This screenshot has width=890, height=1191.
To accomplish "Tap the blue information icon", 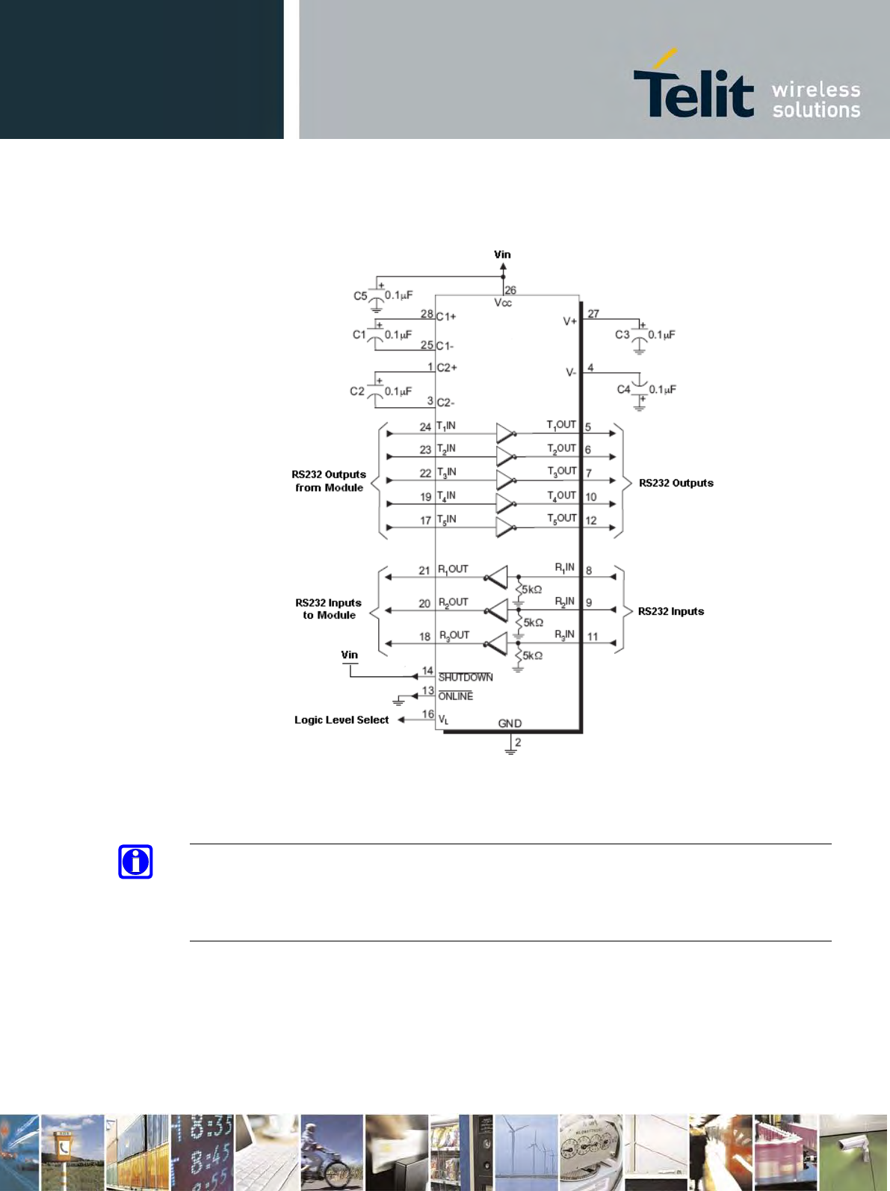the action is tap(135, 861).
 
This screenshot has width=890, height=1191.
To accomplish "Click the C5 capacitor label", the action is tap(360, 296).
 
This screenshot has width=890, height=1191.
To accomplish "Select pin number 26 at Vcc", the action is tap(510, 290).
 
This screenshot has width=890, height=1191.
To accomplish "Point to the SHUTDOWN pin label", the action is tap(466, 677).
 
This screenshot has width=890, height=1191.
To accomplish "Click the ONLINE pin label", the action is tap(456, 696).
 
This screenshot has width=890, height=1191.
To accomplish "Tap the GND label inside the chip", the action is tap(510, 723).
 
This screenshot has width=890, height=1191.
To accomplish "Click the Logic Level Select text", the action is tap(342, 720).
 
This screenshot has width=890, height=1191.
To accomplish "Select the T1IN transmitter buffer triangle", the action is tap(505, 433).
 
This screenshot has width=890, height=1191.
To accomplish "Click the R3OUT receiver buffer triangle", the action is tap(497, 643).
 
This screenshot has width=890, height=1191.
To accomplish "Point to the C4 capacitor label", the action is tap(624, 389).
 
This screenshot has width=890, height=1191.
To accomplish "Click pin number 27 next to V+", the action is tap(593, 314).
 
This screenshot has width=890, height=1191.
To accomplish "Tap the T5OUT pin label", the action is tap(562, 519).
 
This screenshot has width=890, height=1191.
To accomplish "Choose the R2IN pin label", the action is tap(565, 601).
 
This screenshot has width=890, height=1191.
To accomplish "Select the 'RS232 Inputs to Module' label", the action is tap(328, 609).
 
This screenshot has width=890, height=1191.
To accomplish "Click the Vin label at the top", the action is tap(502, 254).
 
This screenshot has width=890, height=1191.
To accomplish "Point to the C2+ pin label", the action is tap(447, 368).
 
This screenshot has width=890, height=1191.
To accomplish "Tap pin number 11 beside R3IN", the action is tap(593, 637).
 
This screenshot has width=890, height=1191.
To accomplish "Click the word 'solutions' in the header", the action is tap(816, 111).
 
